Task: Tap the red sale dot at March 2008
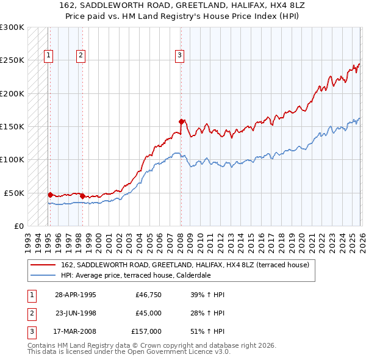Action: click(x=181, y=121)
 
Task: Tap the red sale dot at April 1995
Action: click(x=50, y=195)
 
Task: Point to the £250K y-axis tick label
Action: click(x=12, y=60)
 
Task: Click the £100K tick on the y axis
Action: click(x=12, y=159)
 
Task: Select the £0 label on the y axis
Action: click(x=18, y=226)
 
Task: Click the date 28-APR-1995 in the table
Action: click(x=75, y=295)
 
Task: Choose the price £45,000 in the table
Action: click(x=148, y=313)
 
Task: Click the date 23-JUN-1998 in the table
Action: click(x=76, y=313)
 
